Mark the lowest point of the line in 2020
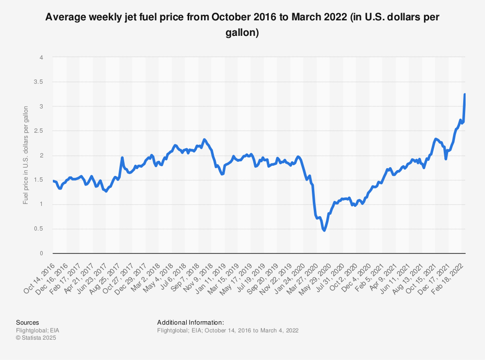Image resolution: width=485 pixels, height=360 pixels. coord(324,230)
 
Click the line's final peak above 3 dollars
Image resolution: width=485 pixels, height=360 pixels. coord(465,94)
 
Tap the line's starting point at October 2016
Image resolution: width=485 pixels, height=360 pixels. coord(53,181)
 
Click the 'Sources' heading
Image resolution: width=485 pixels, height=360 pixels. coord(27,322)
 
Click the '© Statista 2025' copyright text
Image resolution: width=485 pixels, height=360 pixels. coord(36,338)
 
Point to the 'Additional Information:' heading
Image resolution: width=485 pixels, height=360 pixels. coord(191,322)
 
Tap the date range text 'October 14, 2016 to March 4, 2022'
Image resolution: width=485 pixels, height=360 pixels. coord(251,330)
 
